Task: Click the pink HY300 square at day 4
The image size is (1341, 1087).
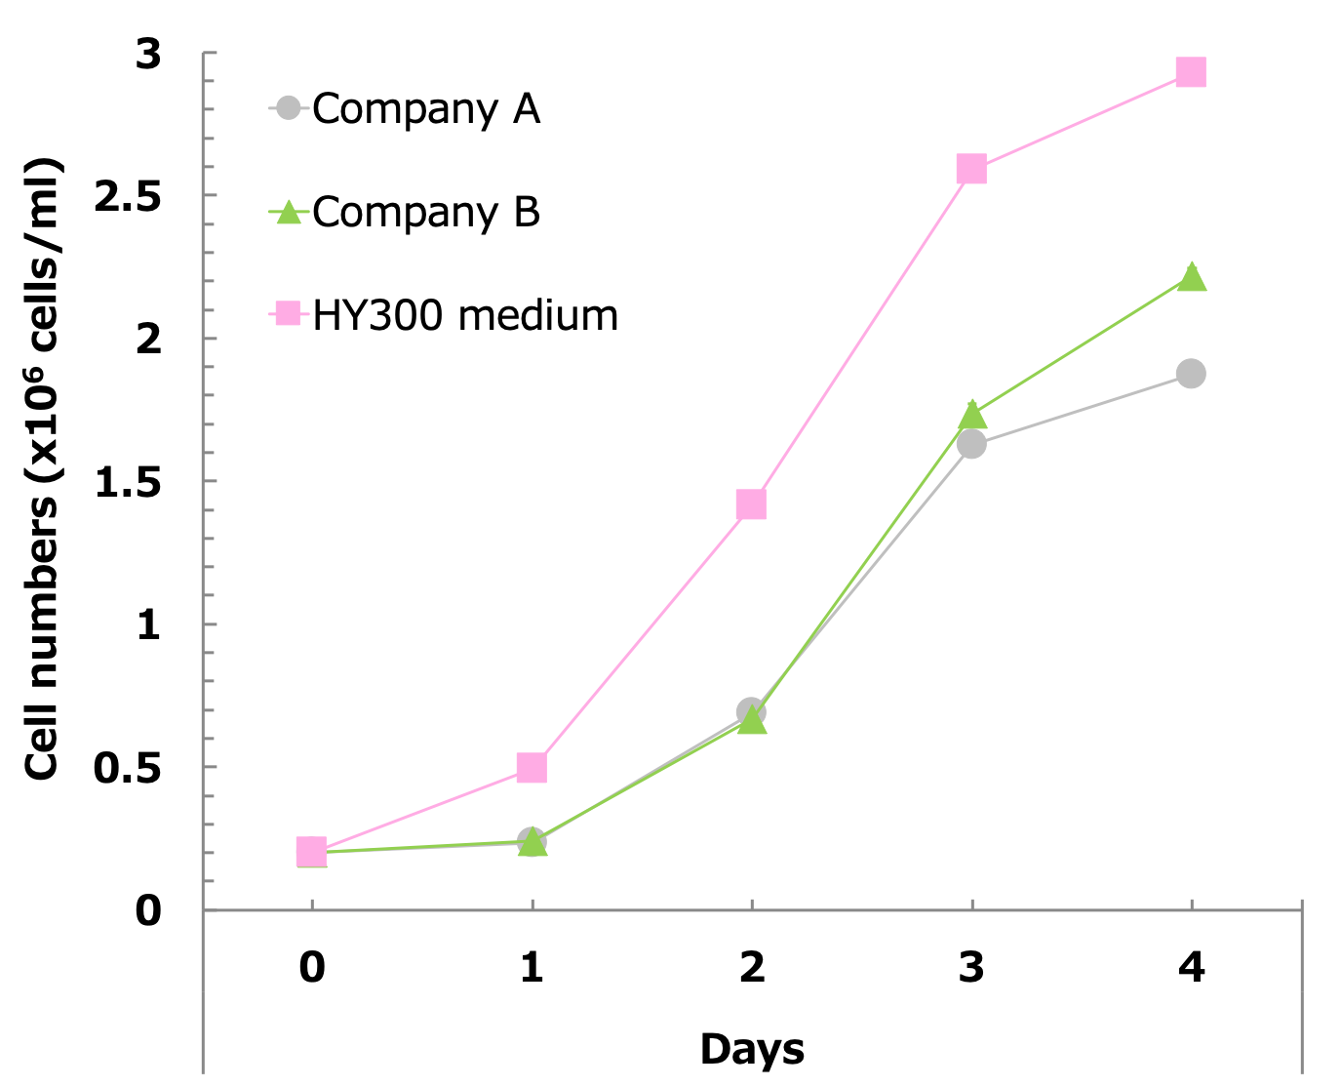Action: tap(1191, 72)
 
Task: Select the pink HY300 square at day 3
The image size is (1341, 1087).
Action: tap(971, 169)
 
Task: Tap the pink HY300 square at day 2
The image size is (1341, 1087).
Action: tap(751, 504)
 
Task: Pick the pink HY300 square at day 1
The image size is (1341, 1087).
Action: tap(532, 768)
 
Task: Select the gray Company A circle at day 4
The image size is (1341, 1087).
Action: tap(1191, 374)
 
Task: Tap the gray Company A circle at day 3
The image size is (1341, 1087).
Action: tap(971, 445)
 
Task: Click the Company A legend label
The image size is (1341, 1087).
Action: tap(426, 109)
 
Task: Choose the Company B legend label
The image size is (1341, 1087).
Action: tap(426, 213)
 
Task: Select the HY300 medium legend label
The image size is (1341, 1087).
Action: tap(465, 316)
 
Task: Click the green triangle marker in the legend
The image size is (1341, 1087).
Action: tap(288, 212)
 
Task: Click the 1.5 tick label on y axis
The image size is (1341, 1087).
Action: tap(127, 482)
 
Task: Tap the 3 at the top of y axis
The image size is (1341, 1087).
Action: tap(148, 55)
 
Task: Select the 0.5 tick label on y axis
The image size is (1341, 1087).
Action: tap(127, 768)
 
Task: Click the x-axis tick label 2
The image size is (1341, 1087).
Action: tap(752, 967)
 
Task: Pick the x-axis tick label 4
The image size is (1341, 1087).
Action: tap(1191, 967)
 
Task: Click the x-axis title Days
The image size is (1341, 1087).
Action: tap(752, 1049)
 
